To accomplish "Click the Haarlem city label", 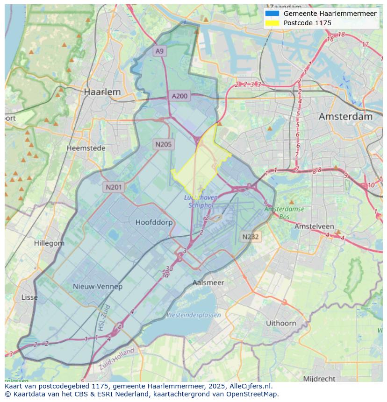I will (102, 92).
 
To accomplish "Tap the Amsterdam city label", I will (345, 117).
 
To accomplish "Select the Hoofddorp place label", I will (154, 222).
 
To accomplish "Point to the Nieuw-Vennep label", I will (98, 286).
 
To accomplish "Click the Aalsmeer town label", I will (208, 282).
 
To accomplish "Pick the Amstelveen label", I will (314, 226).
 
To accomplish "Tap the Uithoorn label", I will (281, 323).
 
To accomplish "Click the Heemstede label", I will (86, 148).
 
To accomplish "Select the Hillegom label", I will (49, 243).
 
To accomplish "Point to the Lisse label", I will (29, 297).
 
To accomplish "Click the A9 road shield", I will (160, 51).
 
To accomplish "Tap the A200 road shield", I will (179, 96).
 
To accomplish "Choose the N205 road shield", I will (163, 144).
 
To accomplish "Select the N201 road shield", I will (114, 187).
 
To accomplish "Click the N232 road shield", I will (251, 237).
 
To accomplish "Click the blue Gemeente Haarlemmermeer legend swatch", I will (272, 14).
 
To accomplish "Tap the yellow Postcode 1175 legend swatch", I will (272, 23).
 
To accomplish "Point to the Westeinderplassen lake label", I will (193, 315).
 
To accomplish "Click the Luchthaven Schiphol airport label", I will (201, 201).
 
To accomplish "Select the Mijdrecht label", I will (319, 378).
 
